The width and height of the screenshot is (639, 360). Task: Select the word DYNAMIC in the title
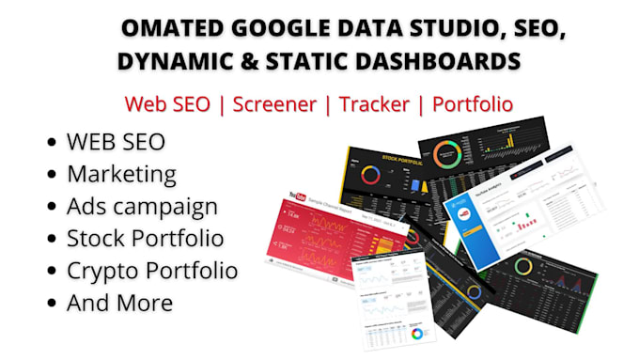coord(168,61)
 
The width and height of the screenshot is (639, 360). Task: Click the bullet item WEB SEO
coord(116,142)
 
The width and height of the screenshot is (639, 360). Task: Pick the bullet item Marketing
coord(121,174)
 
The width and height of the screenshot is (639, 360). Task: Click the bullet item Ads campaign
coord(142,206)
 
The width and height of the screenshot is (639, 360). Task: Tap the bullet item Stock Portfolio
coord(145,239)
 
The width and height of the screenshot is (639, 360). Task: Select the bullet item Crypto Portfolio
coord(151,271)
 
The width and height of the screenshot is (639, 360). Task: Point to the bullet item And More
coord(119,303)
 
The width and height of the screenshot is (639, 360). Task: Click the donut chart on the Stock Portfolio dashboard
coord(370,176)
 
